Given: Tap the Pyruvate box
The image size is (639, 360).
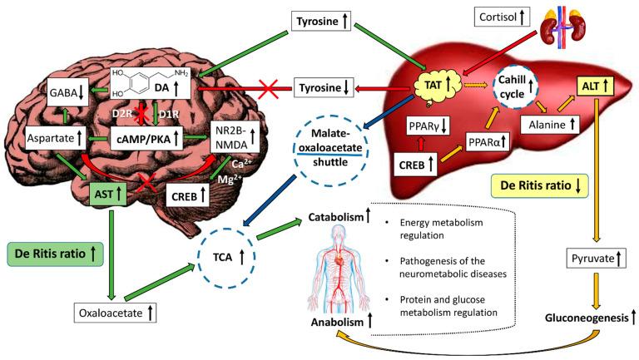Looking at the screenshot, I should (x=596, y=259).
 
